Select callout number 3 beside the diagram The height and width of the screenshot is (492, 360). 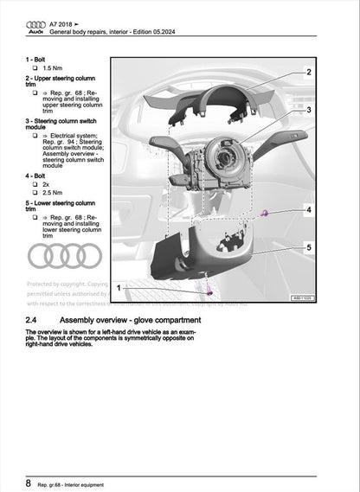(309, 111)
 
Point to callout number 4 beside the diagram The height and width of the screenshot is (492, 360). (309, 210)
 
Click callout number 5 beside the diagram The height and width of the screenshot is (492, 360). (309, 248)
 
